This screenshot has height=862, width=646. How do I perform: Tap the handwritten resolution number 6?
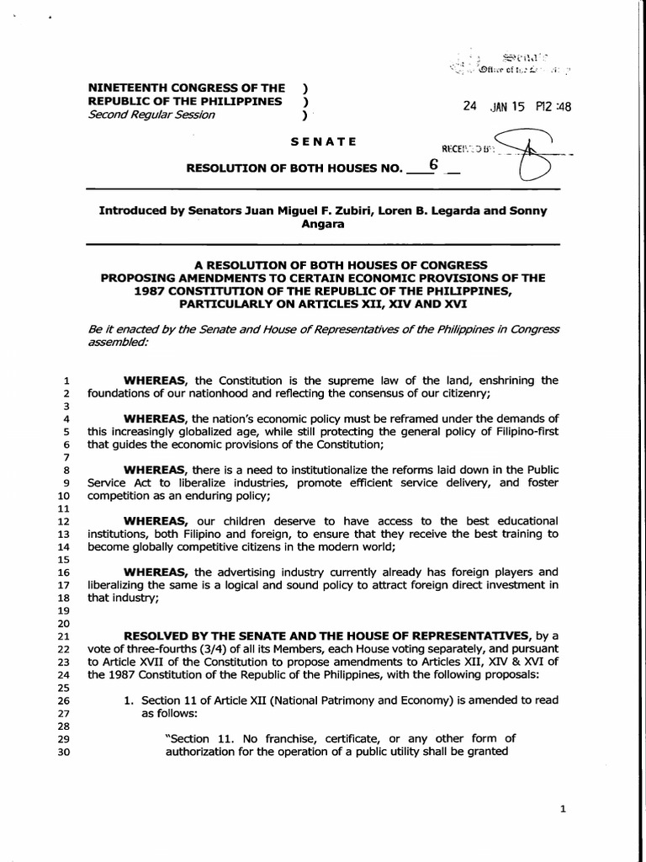coord(433,165)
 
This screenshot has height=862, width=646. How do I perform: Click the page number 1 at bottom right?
coord(563,809)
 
